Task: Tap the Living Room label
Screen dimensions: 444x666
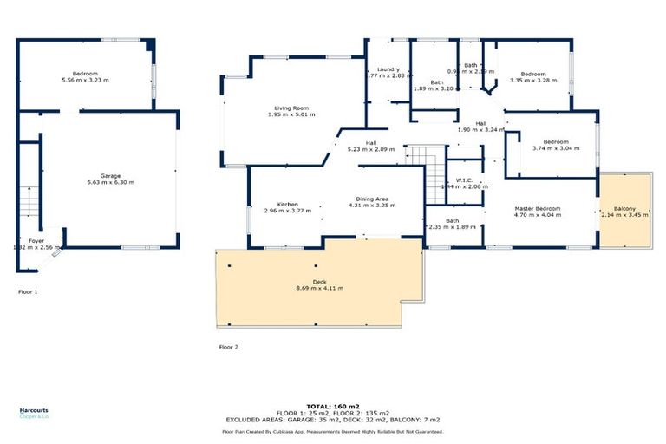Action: point(291,108)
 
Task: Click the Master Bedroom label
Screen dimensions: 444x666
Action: point(538,209)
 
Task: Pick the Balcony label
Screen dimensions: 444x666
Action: point(624,209)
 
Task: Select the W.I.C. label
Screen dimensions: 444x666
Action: point(465,180)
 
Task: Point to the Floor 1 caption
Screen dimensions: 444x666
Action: point(28,292)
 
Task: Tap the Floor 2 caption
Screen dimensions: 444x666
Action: point(228,346)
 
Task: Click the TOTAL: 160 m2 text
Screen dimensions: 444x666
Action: point(332,406)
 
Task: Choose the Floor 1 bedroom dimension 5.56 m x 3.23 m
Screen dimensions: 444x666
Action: point(85,80)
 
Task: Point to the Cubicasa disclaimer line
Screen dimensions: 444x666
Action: point(332,431)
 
